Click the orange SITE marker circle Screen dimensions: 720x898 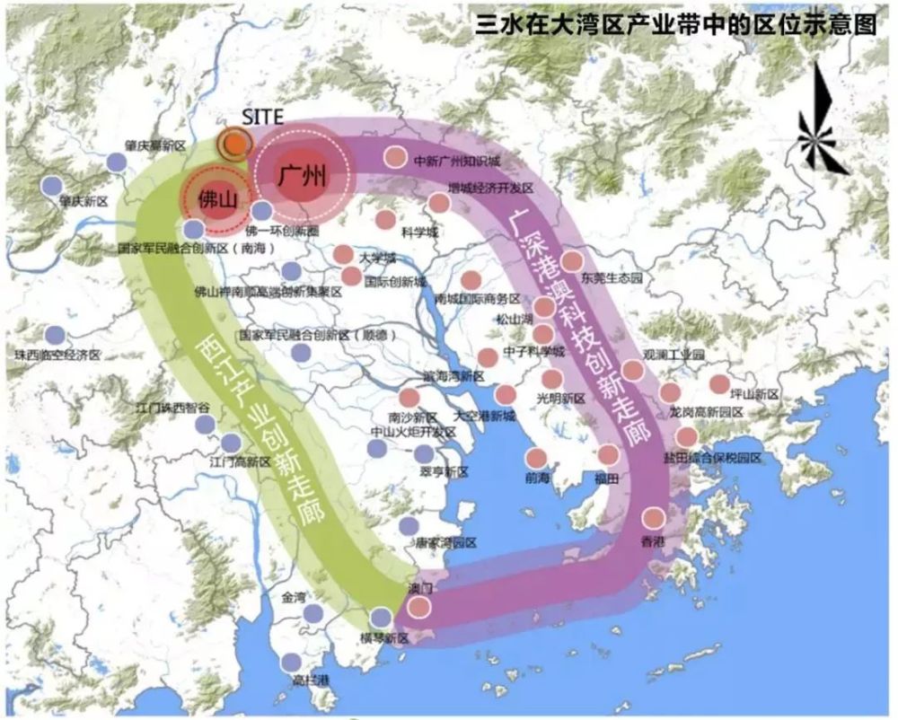[x=235, y=143]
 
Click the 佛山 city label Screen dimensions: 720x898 [x=217, y=199]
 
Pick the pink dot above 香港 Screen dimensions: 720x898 [x=654, y=518]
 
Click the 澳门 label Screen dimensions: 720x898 [x=420, y=589]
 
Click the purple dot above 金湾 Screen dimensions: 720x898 [x=313, y=613]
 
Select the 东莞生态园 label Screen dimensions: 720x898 [x=612, y=279]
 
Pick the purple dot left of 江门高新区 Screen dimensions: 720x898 [x=231, y=442]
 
